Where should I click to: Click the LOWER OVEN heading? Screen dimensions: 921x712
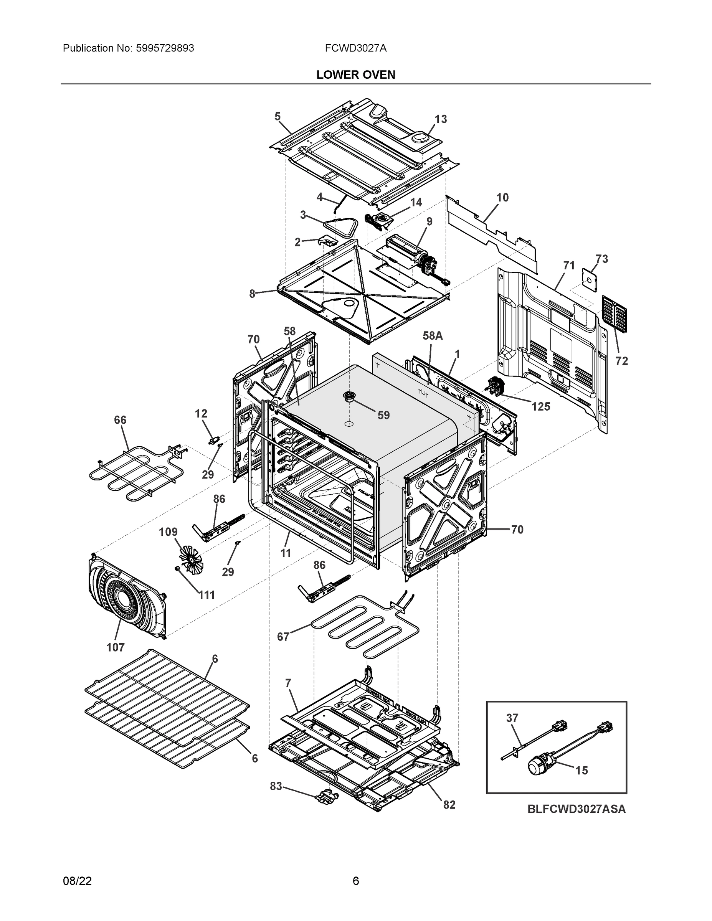pos(355,75)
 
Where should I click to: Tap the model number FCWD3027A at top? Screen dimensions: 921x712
pos(355,48)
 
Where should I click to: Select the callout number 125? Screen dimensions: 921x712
pos(540,406)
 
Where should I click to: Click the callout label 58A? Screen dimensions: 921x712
pos(433,336)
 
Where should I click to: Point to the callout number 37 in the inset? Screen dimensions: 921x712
pos(512,718)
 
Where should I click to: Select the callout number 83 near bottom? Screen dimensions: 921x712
pos(276,786)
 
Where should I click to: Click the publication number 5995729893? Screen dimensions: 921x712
pos(165,48)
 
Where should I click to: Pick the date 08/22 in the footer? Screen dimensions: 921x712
pos(77,881)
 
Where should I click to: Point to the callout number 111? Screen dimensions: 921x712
pos(206,595)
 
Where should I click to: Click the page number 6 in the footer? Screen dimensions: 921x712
pos(355,881)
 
